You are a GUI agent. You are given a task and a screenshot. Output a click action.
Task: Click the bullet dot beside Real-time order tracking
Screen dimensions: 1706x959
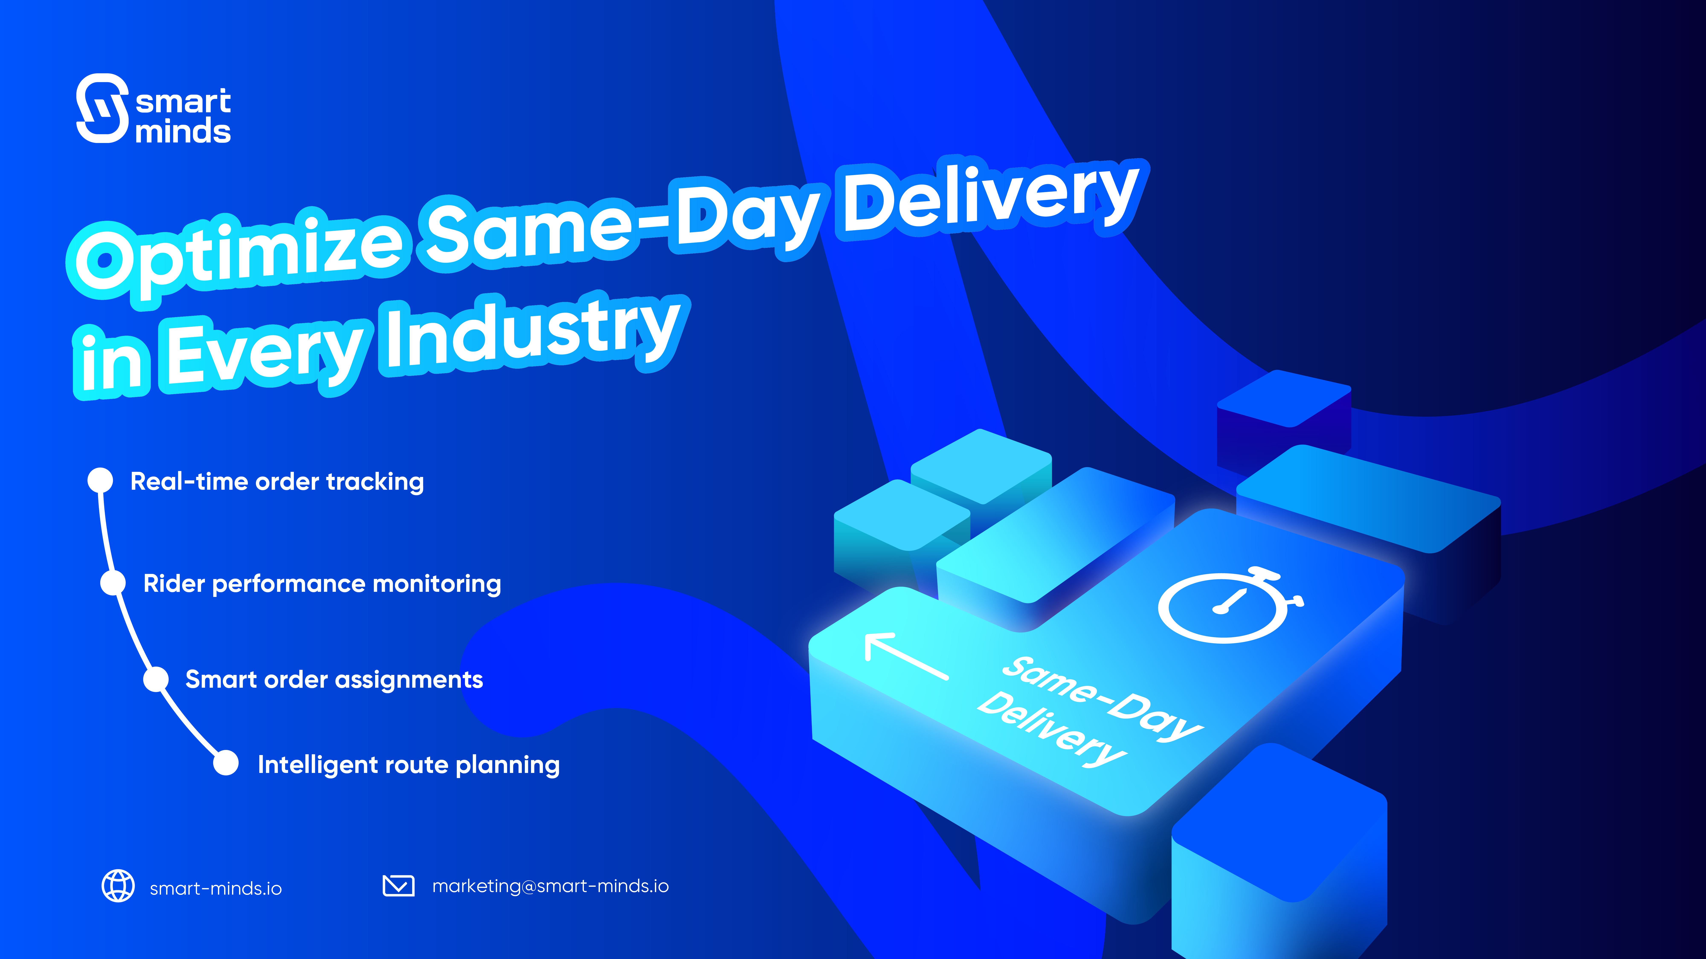[x=101, y=480]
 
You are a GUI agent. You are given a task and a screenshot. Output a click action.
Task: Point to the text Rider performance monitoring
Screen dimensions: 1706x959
[x=322, y=584]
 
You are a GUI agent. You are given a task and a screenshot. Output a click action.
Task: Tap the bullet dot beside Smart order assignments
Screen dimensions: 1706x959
[x=156, y=679]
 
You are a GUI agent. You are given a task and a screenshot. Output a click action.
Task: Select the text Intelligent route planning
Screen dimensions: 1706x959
[x=409, y=765]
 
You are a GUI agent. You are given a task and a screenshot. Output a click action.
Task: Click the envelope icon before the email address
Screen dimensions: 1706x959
[x=399, y=885]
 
